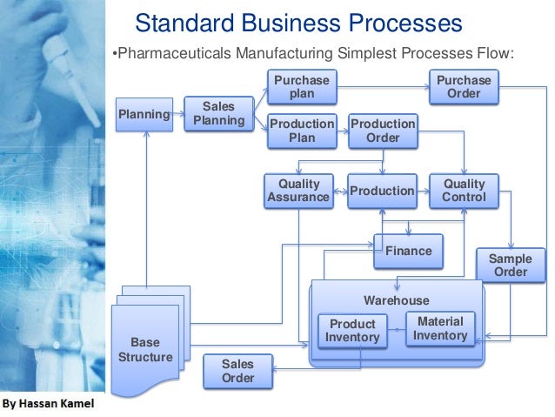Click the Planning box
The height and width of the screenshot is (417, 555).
[144, 114]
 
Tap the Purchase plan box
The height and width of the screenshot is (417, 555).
[301, 87]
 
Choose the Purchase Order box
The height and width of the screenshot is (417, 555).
[463, 87]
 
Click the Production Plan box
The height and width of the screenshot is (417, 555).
[301, 131]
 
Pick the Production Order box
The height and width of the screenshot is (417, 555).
[383, 131]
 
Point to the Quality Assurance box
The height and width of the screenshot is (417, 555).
[298, 191]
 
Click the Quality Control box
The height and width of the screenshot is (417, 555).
[464, 191]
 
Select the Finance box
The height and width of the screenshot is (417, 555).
[408, 251]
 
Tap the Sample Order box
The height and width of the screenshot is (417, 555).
[510, 266]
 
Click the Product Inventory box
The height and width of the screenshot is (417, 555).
[352, 330]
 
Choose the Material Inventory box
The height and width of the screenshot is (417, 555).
[440, 328]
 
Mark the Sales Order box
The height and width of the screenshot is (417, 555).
[237, 372]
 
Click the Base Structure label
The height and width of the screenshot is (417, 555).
[144, 350]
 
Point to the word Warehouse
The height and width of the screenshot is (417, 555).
[396, 300]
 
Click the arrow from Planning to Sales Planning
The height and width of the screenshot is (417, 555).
[178, 114]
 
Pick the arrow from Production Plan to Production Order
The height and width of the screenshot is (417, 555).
[342, 131]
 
